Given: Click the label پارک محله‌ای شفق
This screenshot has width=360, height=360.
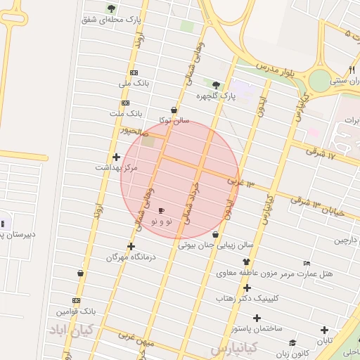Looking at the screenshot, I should point(108,19).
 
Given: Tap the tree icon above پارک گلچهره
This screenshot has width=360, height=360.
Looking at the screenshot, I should point(216,84).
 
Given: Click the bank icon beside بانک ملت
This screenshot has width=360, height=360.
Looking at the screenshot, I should point(125,103).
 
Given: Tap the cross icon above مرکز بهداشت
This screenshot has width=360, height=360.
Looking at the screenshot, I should point(116,157).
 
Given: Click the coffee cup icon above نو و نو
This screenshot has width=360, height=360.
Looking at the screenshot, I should point(161,210).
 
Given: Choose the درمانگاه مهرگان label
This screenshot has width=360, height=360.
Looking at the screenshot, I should point(130,257).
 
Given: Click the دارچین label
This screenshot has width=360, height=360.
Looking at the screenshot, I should point(346,240).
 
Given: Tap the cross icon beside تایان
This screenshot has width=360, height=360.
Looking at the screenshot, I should point(324,330).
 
